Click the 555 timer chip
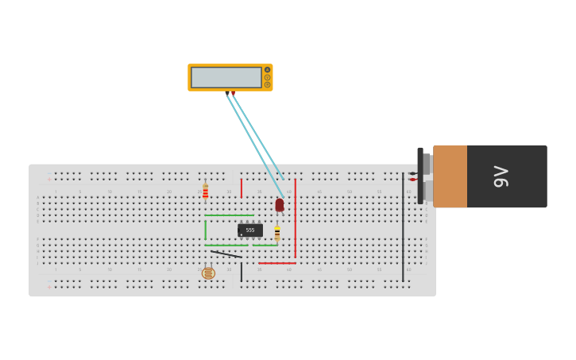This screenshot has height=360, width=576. (x=250, y=230)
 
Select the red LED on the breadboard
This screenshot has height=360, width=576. (x=280, y=205)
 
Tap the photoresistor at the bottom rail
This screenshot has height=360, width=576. (x=208, y=273)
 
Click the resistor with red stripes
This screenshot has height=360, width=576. (x=205, y=192)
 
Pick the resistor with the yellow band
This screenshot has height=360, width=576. (x=276, y=234)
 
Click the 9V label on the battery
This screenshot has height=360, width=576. (x=501, y=176)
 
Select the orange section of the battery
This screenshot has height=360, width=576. (x=450, y=176)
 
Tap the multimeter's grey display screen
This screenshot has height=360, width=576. (x=226, y=77)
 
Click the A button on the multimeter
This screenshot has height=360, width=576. (x=268, y=70)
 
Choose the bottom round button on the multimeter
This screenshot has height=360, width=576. (x=268, y=84)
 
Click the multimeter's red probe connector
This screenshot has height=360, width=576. (x=233, y=93)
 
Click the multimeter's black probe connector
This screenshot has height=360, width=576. (x=227, y=93)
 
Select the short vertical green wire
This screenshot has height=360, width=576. (x=205, y=230)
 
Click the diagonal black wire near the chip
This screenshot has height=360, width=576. (x=226, y=254)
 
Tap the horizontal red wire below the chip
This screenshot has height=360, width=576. (x=276, y=263)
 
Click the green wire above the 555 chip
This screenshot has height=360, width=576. (x=229, y=215)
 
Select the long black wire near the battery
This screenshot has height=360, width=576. (x=403, y=230)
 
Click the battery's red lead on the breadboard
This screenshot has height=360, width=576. (x=412, y=180)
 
